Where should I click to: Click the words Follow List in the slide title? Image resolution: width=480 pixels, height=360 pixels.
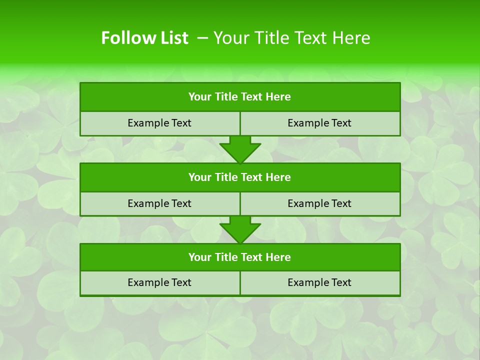click(x=144, y=38)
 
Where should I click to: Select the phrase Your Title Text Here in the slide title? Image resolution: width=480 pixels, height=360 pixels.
click(x=292, y=38)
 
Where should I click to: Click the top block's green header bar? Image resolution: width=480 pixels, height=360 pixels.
click(x=240, y=97)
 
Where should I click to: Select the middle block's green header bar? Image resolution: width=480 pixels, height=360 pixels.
click(x=240, y=177)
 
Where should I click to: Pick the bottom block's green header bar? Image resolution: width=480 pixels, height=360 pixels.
click(x=240, y=257)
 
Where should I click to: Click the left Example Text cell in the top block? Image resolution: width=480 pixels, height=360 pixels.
click(x=160, y=123)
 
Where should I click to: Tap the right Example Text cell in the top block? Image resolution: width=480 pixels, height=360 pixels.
click(x=320, y=123)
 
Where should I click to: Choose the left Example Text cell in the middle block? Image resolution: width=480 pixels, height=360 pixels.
click(x=160, y=203)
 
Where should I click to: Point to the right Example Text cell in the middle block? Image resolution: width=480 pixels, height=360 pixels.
click(x=320, y=203)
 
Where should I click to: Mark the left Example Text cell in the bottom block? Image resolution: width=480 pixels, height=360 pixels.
click(x=160, y=282)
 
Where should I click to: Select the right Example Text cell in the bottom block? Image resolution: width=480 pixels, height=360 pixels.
click(x=320, y=282)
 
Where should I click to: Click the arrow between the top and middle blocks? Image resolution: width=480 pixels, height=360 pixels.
click(x=240, y=148)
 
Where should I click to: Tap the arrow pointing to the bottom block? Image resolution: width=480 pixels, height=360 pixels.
click(x=240, y=229)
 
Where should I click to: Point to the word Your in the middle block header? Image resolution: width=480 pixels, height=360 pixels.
click(x=199, y=177)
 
